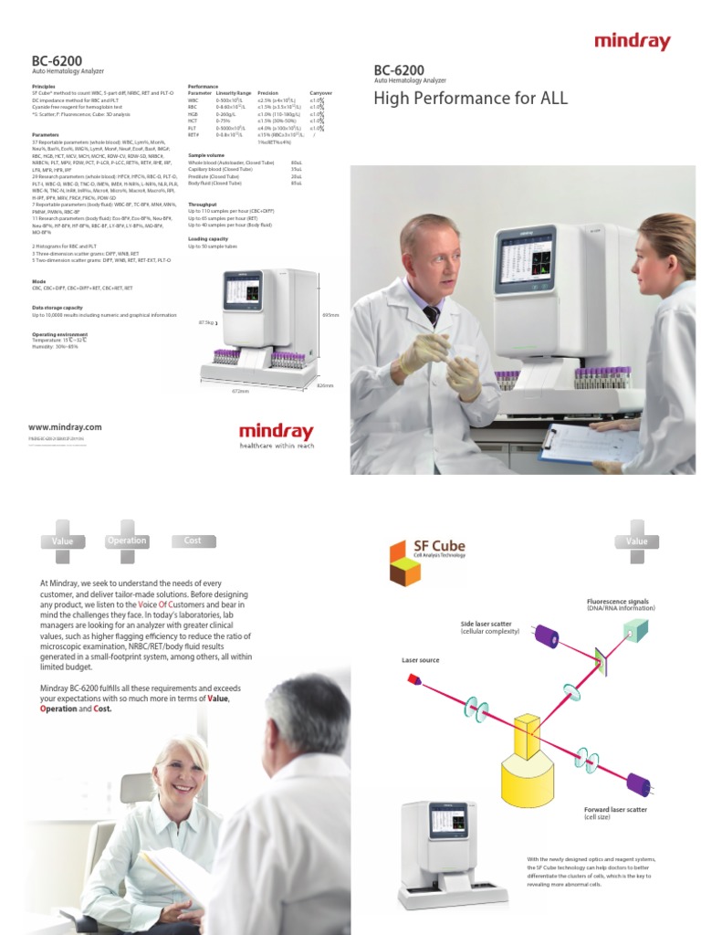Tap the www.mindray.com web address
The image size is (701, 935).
[64, 426]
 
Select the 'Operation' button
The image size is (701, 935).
[127, 541]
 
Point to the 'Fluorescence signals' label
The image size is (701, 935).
[617, 603]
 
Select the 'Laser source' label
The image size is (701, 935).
[420, 658]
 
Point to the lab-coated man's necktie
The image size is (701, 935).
[431, 315]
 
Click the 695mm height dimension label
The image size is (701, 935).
[330, 315]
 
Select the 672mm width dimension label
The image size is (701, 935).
[241, 391]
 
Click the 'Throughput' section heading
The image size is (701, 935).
[202, 205]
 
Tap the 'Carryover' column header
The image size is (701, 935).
[321, 93]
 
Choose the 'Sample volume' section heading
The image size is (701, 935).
[205, 155]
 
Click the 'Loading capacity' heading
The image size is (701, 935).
[207, 238]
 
